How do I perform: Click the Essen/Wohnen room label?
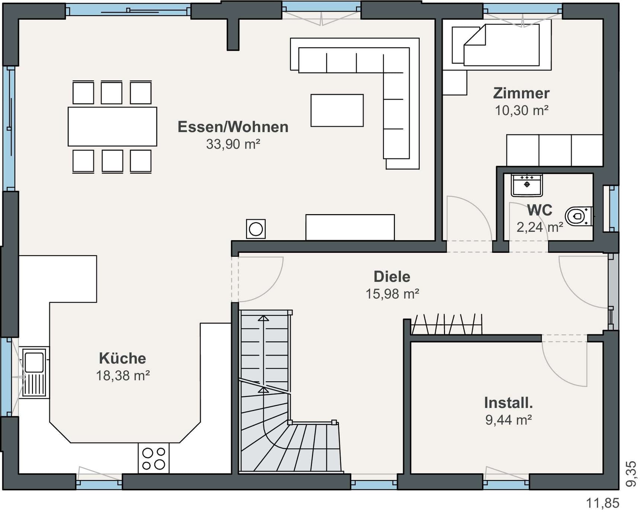(233, 127)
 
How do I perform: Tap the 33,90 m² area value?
(233, 144)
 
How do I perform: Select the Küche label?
(122, 358)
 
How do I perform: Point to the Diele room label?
(392, 277)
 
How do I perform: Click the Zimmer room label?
(521, 93)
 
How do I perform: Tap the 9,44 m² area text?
(508, 420)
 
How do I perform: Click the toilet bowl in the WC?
(578, 216)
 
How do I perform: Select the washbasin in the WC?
(527, 185)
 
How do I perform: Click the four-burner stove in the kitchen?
(154, 458)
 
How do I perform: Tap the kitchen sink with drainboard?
(34, 373)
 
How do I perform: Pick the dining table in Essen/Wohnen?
(112, 127)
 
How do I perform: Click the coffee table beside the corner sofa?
(337, 111)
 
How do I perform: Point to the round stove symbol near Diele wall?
(256, 229)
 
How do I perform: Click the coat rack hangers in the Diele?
(447, 324)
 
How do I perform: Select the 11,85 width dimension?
(603, 503)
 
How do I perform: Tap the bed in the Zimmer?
(501, 45)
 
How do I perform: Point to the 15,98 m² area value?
(392, 294)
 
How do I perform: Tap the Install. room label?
(508, 403)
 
